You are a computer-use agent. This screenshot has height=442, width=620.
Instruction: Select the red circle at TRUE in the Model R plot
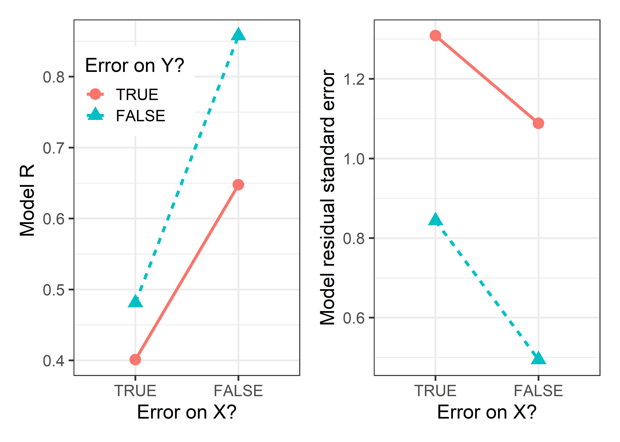pyautogui.click(x=135, y=359)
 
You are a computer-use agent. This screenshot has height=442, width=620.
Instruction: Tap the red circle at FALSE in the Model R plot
pyautogui.click(x=238, y=185)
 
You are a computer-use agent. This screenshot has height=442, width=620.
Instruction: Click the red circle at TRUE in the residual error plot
pyautogui.click(x=435, y=36)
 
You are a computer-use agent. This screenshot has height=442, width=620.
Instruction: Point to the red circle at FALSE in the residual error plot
pyautogui.click(x=538, y=123)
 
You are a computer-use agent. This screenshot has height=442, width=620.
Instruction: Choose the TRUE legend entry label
pyautogui.click(x=137, y=95)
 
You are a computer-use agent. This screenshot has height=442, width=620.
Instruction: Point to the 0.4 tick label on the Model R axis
pyautogui.click(x=54, y=361)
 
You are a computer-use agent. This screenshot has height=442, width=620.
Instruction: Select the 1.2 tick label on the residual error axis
pyautogui.click(x=354, y=79)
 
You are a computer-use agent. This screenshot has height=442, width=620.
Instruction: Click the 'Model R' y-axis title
pyautogui.click(x=27, y=200)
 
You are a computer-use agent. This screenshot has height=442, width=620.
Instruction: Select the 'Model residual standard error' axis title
pyautogui.click(x=327, y=197)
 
